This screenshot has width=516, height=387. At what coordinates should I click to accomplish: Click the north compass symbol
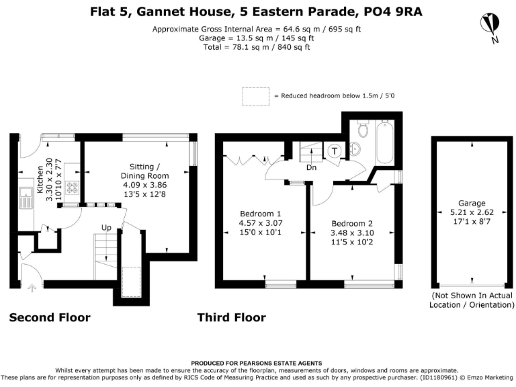click(x=490, y=26)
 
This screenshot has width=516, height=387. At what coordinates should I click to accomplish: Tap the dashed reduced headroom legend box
click(x=255, y=96)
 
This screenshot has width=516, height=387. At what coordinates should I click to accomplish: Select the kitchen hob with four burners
click(x=71, y=188)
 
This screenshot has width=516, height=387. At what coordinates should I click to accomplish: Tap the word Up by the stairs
click(x=106, y=228)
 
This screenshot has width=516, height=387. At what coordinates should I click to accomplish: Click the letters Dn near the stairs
click(x=311, y=168)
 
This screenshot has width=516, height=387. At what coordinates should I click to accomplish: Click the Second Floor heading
click(x=50, y=317)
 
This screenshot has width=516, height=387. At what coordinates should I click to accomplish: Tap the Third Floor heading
click(x=231, y=317)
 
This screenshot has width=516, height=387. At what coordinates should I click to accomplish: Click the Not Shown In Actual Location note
click(x=471, y=300)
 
